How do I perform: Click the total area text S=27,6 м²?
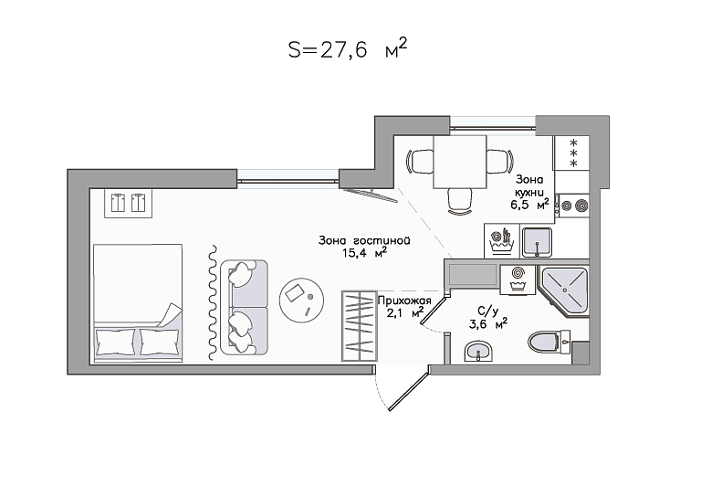coord(348,48)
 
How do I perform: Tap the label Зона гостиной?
coord(364,240)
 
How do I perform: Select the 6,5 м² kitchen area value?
coord(529,205)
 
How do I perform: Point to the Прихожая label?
coord(404,301)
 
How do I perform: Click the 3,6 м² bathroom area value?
coord(487,323)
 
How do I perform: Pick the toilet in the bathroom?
coord(549,343)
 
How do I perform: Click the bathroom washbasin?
coord(478,351)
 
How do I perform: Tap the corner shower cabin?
coord(564,290)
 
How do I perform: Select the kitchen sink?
coord(537,242)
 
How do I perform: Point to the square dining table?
coord(460,163)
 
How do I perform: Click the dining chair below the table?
coord(460,201)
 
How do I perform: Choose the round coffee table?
coord(302,300)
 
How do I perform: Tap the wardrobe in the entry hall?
coord(359,325)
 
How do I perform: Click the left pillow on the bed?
coord(115,342)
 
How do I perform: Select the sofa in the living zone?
coord(244,308)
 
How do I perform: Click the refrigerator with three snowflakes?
coord(571,153)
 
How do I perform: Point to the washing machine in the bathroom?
coord(518,280)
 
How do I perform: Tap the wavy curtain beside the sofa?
coord(214,302)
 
